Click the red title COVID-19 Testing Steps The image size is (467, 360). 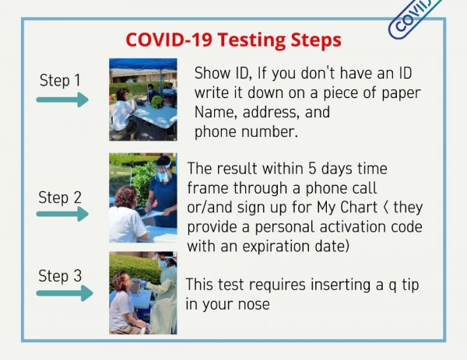[233, 40]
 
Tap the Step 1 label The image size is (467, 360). [60, 81]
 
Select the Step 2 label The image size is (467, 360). [60, 197]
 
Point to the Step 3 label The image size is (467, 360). [60, 276]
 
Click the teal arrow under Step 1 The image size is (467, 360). [62, 100]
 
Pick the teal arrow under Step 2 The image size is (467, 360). [62, 214]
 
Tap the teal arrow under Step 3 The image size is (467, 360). [65, 293]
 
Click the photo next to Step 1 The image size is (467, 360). [143, 100]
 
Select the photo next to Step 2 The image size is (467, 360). [143, 197]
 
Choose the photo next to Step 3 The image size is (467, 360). [143, 293]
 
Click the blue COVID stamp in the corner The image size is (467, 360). [414, 18]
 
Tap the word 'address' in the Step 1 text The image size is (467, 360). [269, 113]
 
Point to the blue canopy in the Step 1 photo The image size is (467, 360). [143, 64]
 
